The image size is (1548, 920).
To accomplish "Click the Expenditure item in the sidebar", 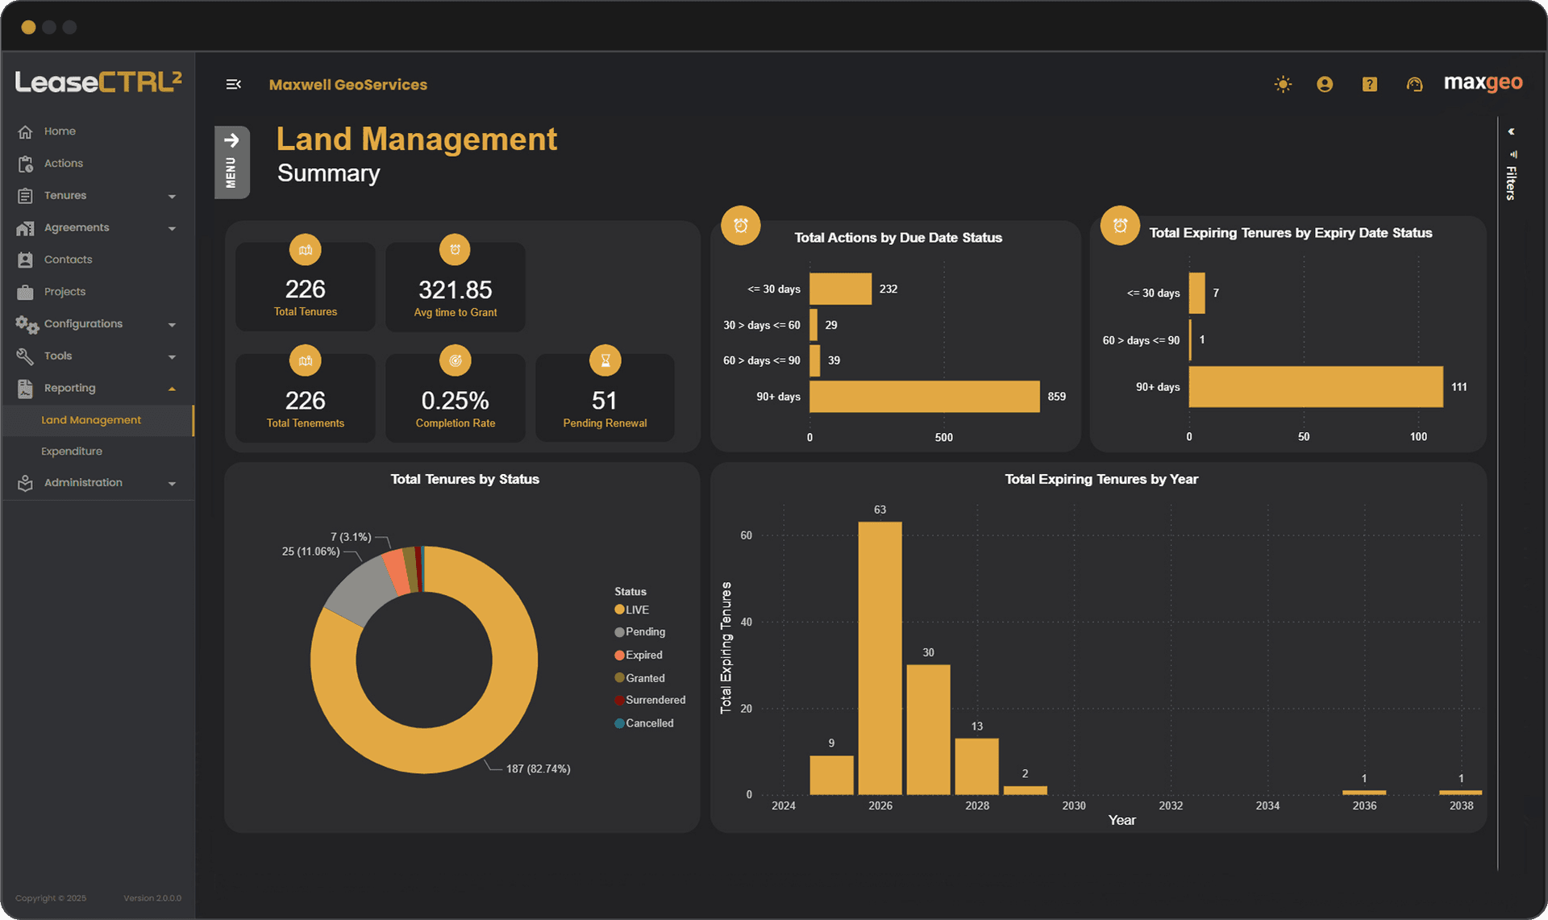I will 72,452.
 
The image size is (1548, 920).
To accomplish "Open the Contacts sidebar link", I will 68,260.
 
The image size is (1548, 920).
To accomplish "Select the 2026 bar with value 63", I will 880,657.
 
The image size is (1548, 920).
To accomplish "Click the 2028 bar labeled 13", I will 976,766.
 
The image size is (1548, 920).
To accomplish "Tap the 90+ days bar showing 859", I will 924,397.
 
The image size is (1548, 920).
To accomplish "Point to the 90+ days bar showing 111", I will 1315,387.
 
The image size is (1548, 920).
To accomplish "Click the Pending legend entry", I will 645,632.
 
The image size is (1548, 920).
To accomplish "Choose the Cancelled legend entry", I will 649,723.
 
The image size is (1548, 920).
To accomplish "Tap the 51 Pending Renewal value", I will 605,401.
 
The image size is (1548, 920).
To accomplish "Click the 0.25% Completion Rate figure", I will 455,401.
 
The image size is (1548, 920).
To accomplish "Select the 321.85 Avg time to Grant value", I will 455,289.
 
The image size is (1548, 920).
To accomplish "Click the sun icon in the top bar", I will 1283,84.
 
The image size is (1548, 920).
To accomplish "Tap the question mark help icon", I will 1369,84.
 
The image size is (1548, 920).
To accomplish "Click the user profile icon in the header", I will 1325,84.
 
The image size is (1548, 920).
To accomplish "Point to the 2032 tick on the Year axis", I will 1171,806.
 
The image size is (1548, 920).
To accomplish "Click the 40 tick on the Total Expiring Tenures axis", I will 747,622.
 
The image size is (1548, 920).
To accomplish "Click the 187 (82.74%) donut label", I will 538,769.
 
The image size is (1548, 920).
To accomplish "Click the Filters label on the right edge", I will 1511,182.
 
